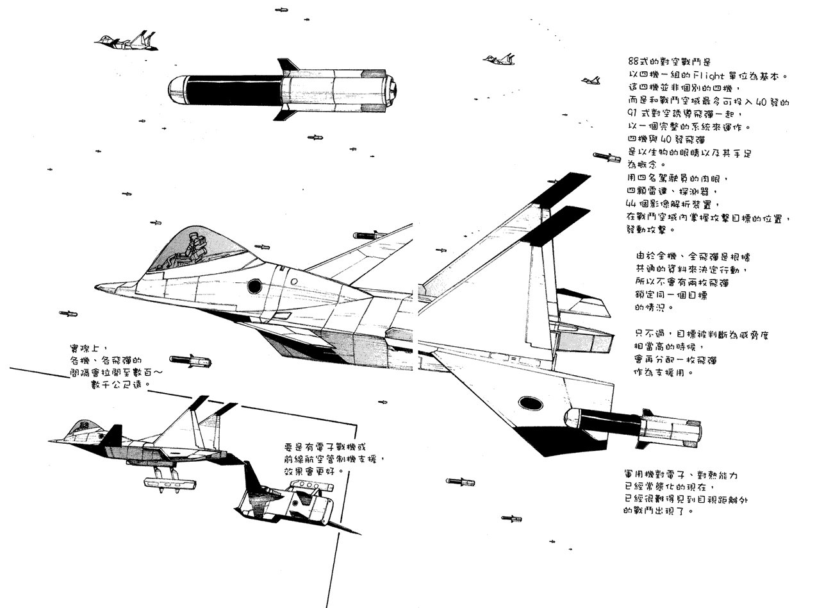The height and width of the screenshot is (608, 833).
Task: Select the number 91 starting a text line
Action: tap(634, 114)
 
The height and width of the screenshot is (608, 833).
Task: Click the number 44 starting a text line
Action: tap(633, 204)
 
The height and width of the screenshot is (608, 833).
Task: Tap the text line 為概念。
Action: tap(647, 165)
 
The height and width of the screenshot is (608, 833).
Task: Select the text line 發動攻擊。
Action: tap(650, 230)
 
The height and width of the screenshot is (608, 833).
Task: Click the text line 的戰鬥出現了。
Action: tap(657, 511)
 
